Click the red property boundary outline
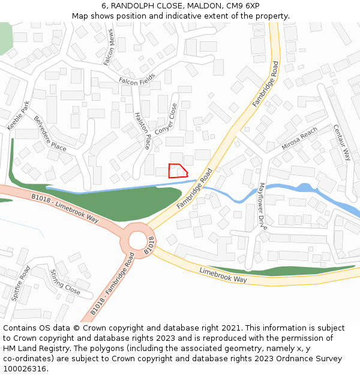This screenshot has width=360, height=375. pos(178,170)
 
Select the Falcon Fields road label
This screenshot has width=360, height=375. pos(137,79)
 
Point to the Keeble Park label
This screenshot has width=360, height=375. pos(18,115)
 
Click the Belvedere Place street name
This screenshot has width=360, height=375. pos(50,133)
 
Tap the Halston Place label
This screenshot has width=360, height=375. pos(143,130)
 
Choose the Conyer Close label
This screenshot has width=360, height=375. pos(166,119)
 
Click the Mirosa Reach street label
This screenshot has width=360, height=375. pos(299,139)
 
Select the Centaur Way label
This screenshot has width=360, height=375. pos(341,142)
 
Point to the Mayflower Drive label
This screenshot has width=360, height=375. pos(262,206)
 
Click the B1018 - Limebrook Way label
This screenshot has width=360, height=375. pos(65,208)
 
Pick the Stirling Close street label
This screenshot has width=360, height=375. pos(65,282)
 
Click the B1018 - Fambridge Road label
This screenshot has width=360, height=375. pos(113,284)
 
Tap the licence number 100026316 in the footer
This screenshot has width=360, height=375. pos(24,368)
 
